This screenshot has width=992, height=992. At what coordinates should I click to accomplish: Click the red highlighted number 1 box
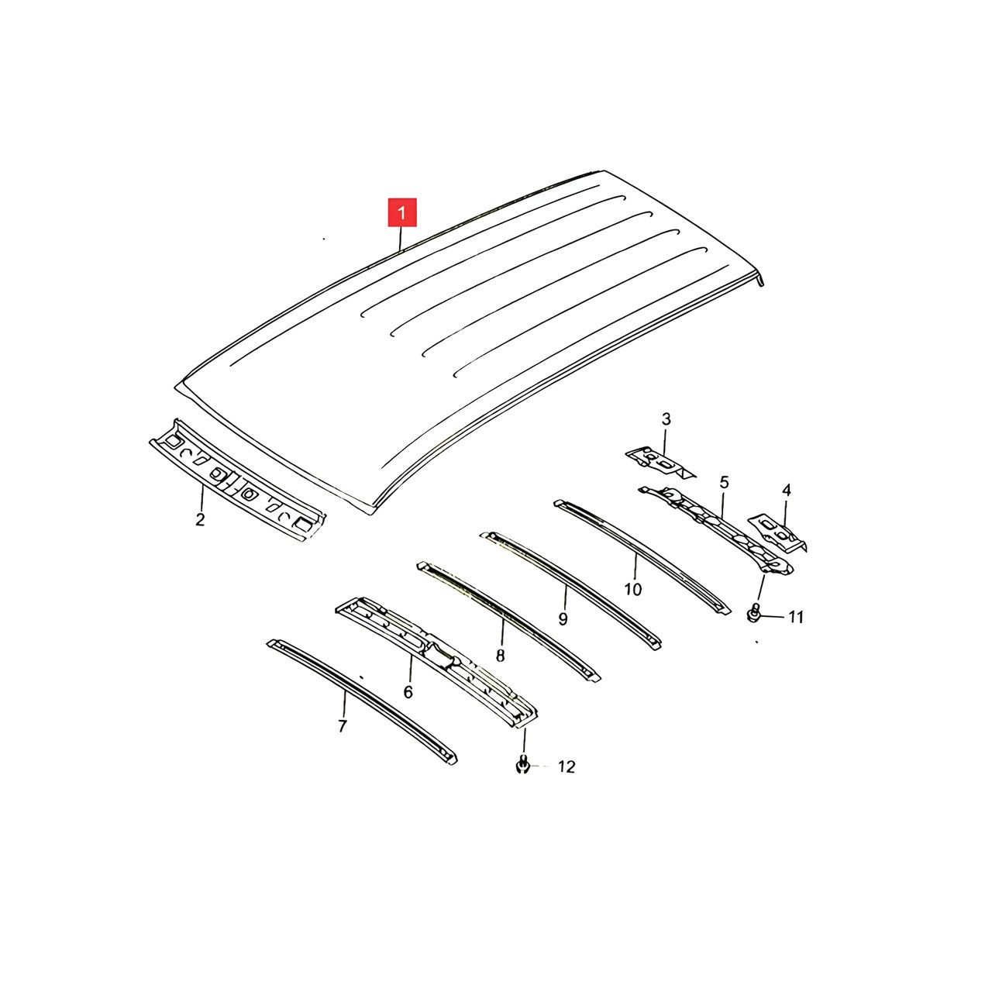[x=401, y=212]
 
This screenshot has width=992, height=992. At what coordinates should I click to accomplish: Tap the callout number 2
[x=200, y=519]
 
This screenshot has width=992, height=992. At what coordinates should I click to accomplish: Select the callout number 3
[x=666, y=419]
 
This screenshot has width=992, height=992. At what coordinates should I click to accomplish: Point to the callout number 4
[x=786, y=491]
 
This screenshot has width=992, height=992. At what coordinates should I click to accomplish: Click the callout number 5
[x=725, y=482]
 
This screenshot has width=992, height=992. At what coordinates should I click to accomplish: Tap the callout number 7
[x=343, y=726]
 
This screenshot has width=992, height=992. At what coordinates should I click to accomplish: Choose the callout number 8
[x=501, y=656]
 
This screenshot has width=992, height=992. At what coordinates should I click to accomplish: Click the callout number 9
[x=563, y=619]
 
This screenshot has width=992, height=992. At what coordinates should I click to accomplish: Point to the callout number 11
[x=796, y=617]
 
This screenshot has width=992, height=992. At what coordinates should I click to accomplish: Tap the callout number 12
[x=567, y=767]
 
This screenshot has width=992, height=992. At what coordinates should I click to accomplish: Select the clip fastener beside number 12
[x=522, y=766]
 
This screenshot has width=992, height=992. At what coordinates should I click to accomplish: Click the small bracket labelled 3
[x=660, y=461]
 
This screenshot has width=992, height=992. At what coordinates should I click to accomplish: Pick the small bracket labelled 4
[x=777, y=532]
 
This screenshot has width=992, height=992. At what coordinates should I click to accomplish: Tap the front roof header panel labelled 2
[x=237, y=480]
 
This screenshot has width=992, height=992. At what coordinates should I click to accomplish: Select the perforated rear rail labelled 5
[x=716, y=530]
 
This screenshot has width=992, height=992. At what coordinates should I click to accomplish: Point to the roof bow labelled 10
[x=642, y=557]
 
